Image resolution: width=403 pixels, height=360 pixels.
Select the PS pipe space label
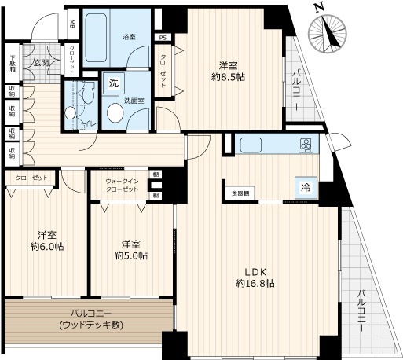[163, 37]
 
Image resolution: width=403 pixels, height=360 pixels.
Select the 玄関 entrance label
[41, 63]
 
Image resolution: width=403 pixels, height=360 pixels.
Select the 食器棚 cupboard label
[240, 192]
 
